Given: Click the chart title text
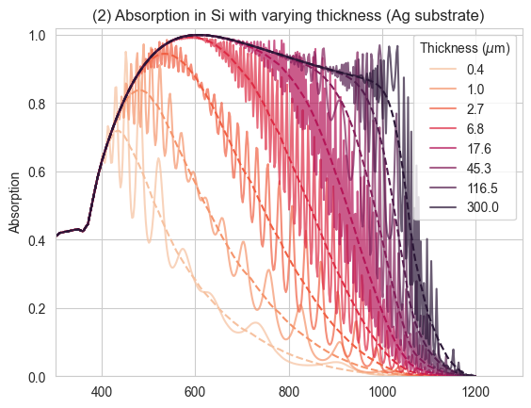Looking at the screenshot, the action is [x=288, y=16].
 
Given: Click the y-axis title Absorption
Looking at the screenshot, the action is [x=14, y=203].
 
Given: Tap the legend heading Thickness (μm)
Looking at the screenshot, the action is [x=465, y=48].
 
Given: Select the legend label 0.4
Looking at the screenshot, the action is [x=475, y=70].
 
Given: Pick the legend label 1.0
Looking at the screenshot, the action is [x=475, y=90].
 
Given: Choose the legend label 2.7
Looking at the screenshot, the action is [x=475, y=109].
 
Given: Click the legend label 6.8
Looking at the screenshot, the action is [x=475, y=129].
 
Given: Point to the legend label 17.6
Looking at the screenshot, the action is [x=479, y=149].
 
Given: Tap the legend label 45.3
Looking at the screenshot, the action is [x=479, y=168].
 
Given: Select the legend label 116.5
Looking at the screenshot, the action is [x=482, y=188].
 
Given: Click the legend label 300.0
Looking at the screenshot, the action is [x=483, y=207].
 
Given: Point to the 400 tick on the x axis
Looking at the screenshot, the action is [x=102, y=392].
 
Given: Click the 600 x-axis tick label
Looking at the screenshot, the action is [x=195, y=392].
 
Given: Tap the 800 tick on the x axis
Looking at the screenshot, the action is [x=289, y=392].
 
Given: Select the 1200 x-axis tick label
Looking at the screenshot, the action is [x=475, y=392].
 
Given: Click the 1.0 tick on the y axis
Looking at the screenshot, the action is [x=38, y=35].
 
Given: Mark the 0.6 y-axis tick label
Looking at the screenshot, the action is [x=38, y=172].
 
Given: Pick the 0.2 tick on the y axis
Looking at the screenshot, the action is [x=38, y=309].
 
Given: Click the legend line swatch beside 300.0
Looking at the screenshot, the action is [x=442, y=207].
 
